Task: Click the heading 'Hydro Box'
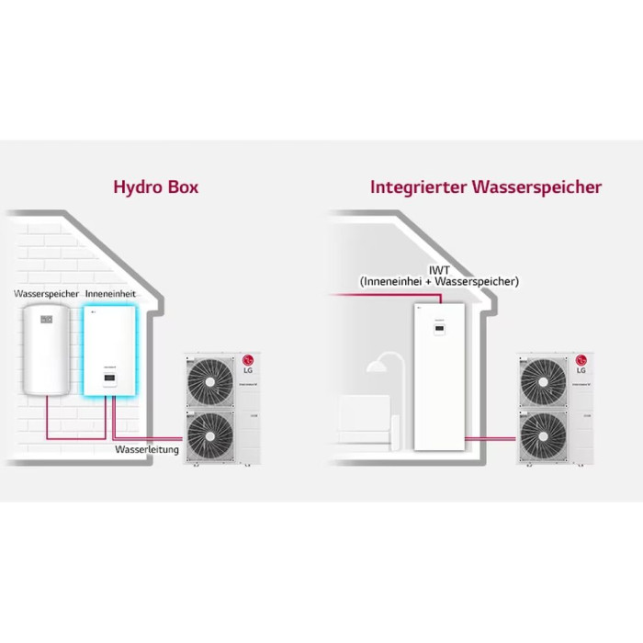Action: pos(155,187)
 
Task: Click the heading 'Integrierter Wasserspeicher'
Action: pos(486,187)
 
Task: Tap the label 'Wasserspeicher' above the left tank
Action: pos(46,293)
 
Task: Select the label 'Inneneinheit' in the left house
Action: pos(111,293)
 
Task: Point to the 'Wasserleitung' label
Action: pos(147,450)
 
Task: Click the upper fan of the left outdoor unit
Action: pos(211,379)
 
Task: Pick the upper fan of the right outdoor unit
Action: pos(544,379)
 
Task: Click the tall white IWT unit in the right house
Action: pos(434,377)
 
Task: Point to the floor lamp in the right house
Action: pos(384,386)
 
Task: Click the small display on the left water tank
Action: pos(48,321)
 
